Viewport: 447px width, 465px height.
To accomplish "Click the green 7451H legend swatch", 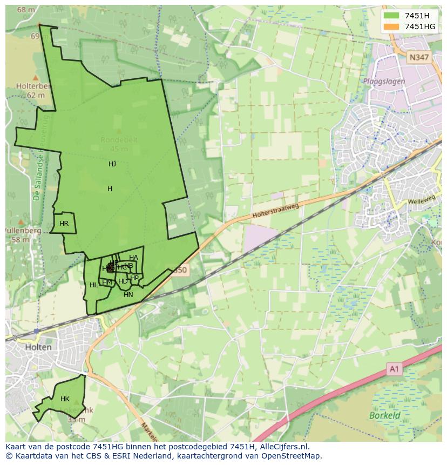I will [392, 16].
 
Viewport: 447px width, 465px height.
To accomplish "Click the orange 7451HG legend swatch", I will [392, 26].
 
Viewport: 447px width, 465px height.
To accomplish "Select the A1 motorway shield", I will [395, 369].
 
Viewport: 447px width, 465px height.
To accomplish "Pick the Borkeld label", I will [385, 415].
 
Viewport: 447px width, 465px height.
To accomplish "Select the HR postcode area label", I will [64, 224].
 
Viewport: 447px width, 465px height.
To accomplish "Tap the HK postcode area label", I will [65, 399].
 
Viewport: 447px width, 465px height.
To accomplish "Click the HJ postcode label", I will [112, 164].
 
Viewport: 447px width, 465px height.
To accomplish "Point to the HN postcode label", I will [128, 295].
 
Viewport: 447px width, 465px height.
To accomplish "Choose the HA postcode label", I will [133, 258].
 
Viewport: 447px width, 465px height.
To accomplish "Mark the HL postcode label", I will [94, 285].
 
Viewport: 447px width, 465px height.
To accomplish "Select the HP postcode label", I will [134, 278].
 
